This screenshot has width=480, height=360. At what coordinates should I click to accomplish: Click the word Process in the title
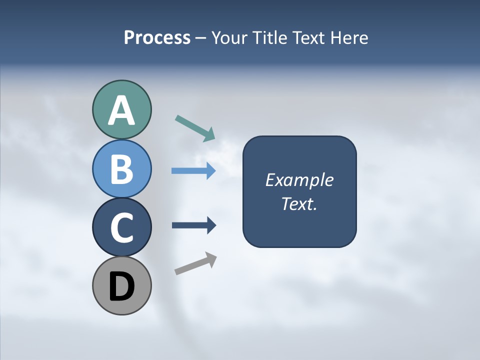point(157,37)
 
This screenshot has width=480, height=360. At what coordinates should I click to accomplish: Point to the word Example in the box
point(299,180)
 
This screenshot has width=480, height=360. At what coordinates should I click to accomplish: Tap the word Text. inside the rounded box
point(299,204)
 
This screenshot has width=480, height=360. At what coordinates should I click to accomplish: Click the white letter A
point(121,111)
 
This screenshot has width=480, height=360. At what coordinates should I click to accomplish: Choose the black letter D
point(121,287)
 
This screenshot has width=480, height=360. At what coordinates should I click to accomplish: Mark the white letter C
point(121,228)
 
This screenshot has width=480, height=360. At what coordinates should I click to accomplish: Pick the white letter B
point(121,169)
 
